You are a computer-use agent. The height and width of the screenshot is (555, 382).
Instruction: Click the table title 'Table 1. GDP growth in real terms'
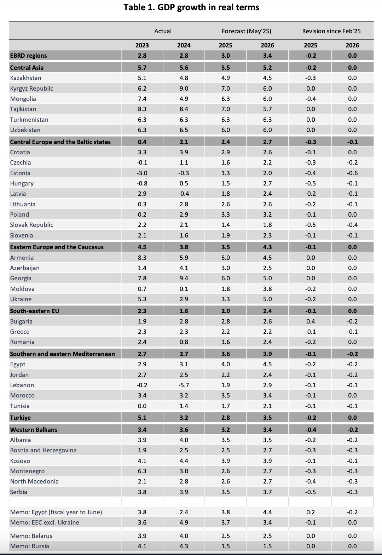(x=191, y=7)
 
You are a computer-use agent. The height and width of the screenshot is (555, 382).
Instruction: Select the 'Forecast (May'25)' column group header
(x=246, y=31)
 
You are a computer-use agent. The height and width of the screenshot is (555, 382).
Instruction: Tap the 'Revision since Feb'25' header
(x=331, y=31)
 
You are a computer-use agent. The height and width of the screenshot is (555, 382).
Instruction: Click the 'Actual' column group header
(x=163, y=31)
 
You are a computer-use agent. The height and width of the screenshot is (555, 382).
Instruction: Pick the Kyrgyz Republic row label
(x=31, y=88)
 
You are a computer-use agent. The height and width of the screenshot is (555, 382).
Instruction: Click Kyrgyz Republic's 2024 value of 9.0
(x=184, y=88)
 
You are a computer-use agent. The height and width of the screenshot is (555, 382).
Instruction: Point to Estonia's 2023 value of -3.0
(x=142, y=173)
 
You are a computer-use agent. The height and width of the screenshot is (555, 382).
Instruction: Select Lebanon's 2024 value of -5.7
(x=184, y=385)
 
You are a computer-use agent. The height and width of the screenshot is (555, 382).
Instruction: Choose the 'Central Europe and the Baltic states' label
(x=60, y=142)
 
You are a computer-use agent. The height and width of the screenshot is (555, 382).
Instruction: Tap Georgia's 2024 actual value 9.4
(x=184, y=278)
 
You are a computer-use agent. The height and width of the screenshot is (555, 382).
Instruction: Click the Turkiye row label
(x=20, y=418)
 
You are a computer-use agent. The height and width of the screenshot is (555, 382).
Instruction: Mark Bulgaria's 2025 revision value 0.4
(x=311, y=321)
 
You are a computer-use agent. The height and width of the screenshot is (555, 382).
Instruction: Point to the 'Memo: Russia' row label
(x=29, y=546)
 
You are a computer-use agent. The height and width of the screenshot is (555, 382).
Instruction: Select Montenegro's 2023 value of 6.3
(x=142, y=471)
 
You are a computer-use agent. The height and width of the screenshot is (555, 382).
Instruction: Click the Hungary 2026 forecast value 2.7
(x=267, y=183)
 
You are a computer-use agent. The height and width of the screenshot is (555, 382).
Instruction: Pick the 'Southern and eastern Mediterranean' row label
(x=62, y=354)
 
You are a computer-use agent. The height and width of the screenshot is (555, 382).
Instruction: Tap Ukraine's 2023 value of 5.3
(x=142, y=299)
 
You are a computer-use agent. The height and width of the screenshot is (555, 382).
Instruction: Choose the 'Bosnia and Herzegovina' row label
(x=43, y=450)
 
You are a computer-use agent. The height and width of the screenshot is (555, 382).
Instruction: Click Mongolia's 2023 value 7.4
(x=142, y=99)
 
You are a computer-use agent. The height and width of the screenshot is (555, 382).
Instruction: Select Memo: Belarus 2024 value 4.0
(x=184, y=536)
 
